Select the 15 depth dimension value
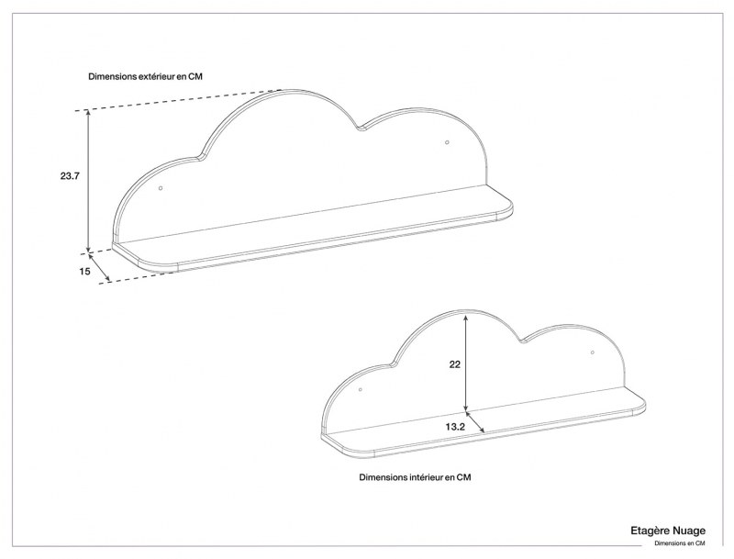tap(84, 271)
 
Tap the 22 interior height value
tap(454, 364)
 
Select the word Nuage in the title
tap(687, 531)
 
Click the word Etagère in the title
tap(649, 531)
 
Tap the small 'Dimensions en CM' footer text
tap(679, 543)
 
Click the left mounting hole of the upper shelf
tap(161, 188)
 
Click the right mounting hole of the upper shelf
tap(447, 142)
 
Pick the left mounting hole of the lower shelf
tap(361, 390)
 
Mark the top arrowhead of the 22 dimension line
tap(467, 315)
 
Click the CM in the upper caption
tap(195, 77)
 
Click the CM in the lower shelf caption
tap(464, 477)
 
